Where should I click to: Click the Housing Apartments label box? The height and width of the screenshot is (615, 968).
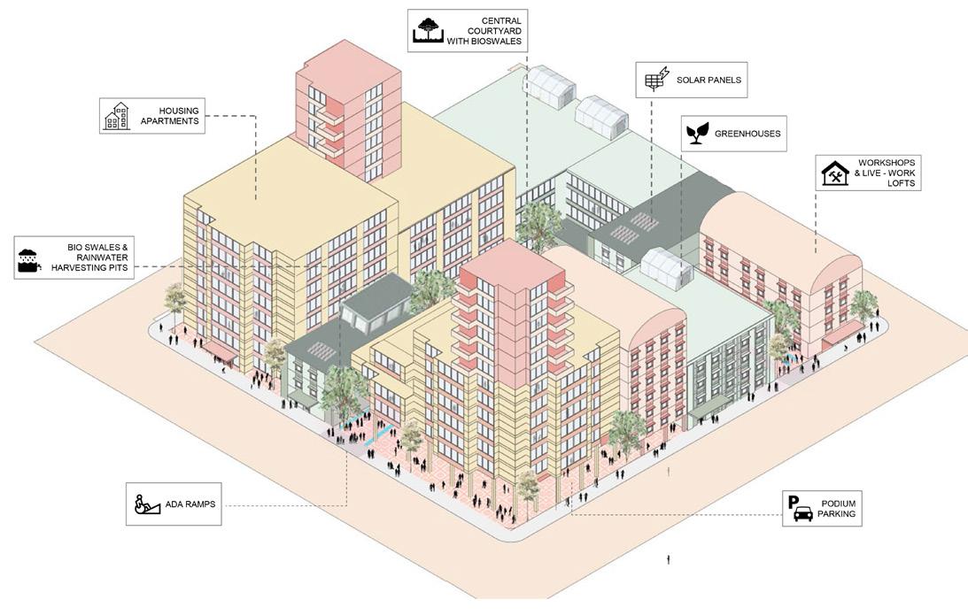[151, 115]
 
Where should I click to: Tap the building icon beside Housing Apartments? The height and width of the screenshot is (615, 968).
[116, 116]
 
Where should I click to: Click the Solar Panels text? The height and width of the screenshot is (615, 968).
[709, 81]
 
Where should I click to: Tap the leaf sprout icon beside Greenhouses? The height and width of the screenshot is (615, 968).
[697, 134]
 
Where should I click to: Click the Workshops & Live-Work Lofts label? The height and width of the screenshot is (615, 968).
[886, 173]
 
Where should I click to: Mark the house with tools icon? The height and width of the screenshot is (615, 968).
[834, 173]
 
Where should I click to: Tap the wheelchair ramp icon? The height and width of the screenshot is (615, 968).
[146, 504]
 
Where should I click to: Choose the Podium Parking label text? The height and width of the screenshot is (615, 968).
[836, 508]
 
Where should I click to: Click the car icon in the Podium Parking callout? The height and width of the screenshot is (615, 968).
[803, 514]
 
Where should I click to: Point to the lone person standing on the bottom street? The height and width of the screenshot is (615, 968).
[669, 559]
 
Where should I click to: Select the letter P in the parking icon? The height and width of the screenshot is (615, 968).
[794, 502]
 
